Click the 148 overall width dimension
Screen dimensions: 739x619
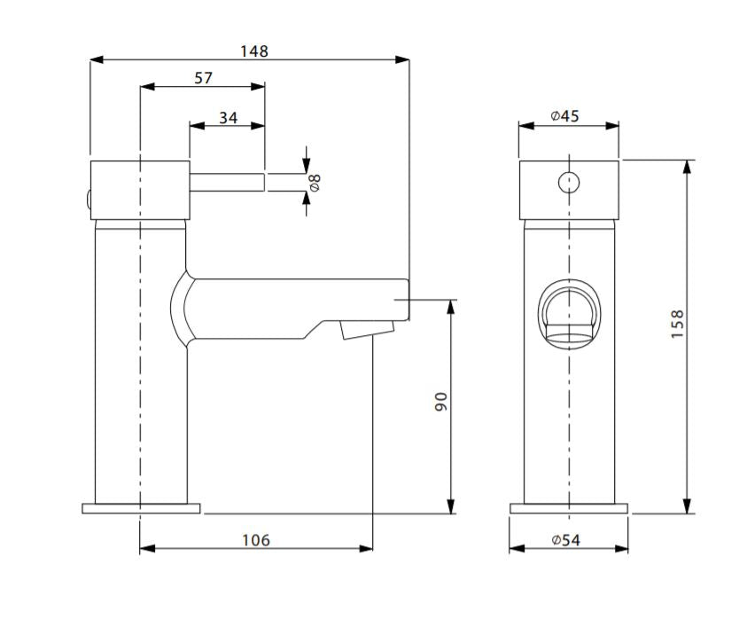point(254,51)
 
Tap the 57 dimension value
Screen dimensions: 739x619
point(204,78)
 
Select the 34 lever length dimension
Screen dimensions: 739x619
point(228,117)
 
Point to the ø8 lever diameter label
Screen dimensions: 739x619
point(315,182)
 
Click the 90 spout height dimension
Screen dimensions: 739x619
point(440,402)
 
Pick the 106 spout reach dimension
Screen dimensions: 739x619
point(256,540)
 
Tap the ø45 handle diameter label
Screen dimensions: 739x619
point(564,115)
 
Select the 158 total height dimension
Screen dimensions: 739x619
point(677,324)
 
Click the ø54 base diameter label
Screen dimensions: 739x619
point(566,540)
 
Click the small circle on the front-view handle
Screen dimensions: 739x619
point(569,183)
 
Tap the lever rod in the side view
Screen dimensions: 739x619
point(227,183)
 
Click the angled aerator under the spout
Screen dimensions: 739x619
point(367,329)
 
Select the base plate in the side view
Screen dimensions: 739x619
point(141,509)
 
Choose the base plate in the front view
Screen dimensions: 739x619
point(569,509)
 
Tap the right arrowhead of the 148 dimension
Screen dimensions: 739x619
point(402,60)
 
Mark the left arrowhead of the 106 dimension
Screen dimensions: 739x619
point(147,548)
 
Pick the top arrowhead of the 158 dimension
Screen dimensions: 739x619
point(688,168)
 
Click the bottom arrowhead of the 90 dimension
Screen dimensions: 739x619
point(452,506)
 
